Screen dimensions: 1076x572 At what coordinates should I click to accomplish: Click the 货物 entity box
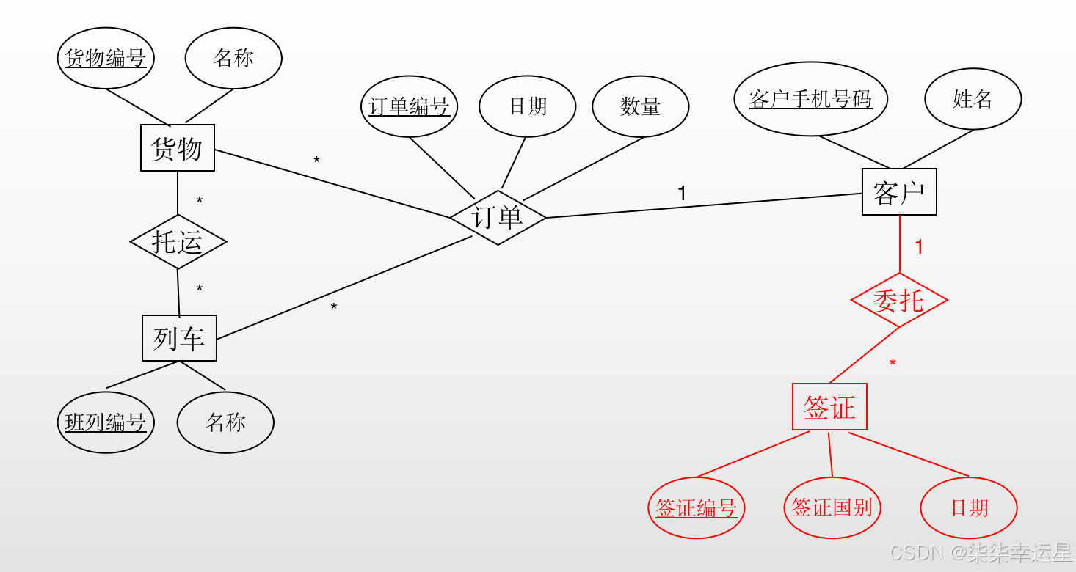(178, 148)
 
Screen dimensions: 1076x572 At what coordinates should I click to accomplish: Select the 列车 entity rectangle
(179, 338)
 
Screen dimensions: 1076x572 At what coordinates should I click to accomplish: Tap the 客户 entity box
(899, 192)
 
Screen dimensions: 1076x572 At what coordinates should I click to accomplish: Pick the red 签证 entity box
(829, 407)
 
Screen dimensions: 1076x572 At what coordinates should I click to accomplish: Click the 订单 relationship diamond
(498, 217)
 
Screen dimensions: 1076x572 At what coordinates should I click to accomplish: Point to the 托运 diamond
(178, 241)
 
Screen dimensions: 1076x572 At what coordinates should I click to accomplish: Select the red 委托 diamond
(899, 300)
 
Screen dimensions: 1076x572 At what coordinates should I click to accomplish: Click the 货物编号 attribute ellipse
(106, 58)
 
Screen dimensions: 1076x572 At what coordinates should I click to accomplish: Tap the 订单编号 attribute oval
(410, 106)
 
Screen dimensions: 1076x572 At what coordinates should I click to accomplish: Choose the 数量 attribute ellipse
(640, 106)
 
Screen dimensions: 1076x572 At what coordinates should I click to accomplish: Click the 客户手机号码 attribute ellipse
(810, 99)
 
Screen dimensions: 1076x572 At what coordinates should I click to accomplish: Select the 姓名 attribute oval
(973, 99)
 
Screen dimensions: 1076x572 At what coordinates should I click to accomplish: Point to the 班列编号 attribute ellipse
(106, 422)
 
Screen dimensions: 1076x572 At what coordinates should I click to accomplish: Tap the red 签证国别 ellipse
(832, 507)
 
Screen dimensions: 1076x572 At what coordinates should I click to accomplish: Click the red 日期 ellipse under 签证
(969, 507)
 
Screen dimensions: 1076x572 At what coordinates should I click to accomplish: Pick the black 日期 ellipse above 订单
(528, 106)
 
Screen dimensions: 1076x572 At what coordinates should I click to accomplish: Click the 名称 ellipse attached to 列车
(225, 422)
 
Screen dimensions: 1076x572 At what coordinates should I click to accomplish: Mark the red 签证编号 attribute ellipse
(696, 507)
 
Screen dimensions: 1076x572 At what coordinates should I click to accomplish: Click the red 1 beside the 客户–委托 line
(918, 247)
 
